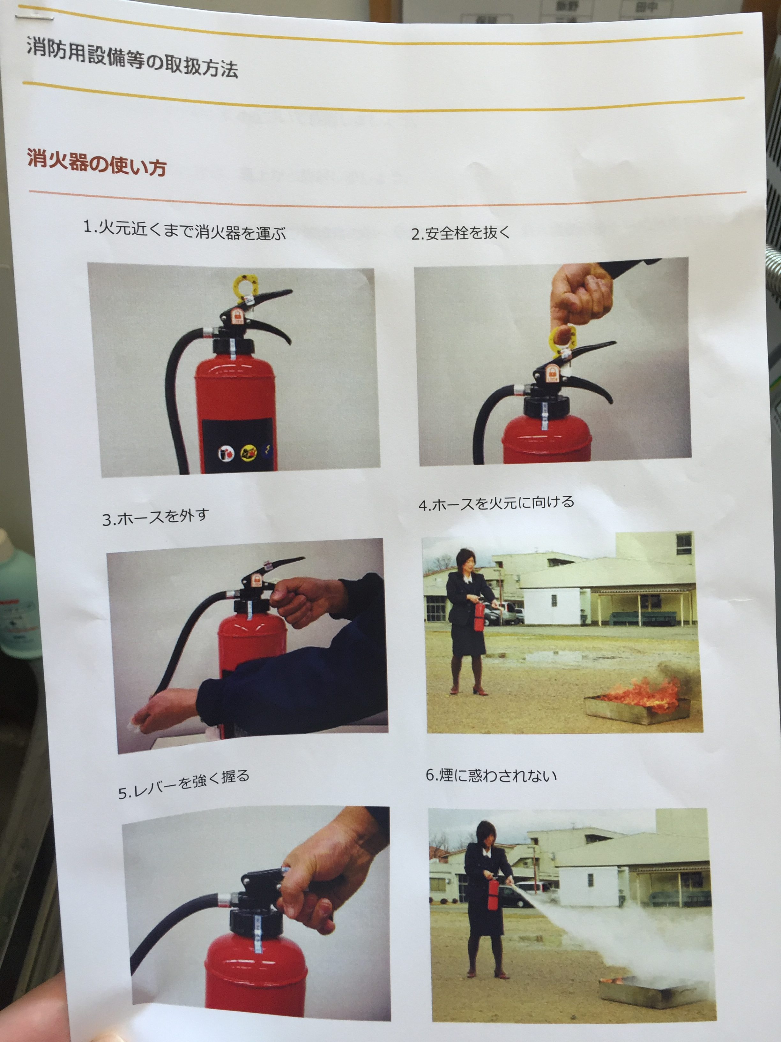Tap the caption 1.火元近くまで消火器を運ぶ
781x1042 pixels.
coord(184,230)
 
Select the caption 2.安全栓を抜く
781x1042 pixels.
coord(460,233)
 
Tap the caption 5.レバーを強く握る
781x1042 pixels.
coord(183,785)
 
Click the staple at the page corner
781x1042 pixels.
coord(34,18)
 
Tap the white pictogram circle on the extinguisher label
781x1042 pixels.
coord(226,454)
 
